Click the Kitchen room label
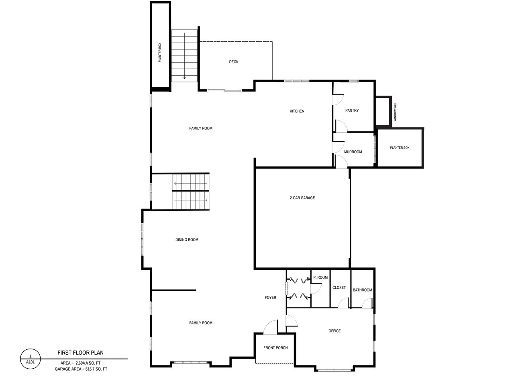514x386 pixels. coord(297,111)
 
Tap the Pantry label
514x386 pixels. coord(352,111)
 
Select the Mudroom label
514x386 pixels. coord(353,152)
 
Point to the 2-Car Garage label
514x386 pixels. coord(302,198)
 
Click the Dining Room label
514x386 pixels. coord(187,240)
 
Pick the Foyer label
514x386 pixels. coord(270,298)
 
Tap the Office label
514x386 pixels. coord(335,331)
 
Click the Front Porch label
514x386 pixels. coord(275,348)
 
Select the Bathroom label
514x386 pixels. coord(362,290)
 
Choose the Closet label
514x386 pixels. coord(339,287)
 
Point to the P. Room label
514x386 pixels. coord(320,277)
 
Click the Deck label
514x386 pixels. coord(233,62)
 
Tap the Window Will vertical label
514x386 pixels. coord(395,112)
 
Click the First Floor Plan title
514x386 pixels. coord(80,353)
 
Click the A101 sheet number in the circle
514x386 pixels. coord(30,362)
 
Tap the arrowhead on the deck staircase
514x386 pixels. coord(184,77)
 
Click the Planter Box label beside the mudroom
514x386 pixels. coord(400,148)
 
